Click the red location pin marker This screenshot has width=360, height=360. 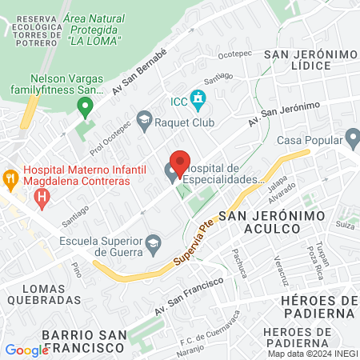click(x=180, y=163)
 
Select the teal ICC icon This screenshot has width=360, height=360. click(x=199, y=101)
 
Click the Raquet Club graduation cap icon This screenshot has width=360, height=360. click(x=144, y=121)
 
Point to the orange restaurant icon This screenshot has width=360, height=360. click(x=10, y=176)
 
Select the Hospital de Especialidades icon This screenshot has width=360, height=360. click(x=172, y=170)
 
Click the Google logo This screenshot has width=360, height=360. click(x=26, y=350)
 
